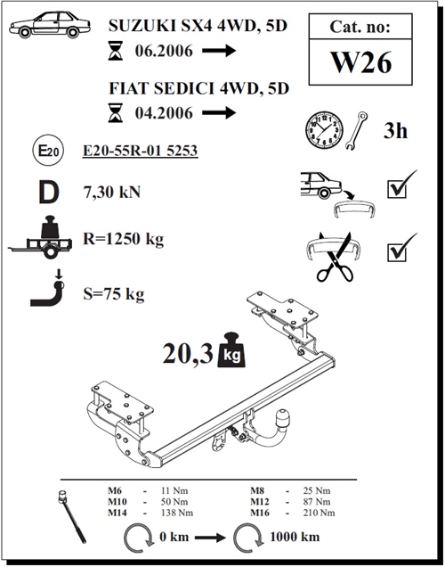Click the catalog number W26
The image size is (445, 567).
coord(360,62)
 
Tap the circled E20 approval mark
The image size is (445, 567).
coord(48,150)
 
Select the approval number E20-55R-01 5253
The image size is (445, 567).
coord(140,151)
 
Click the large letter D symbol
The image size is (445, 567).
coord(49,193)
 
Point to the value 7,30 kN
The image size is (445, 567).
coord(112,192)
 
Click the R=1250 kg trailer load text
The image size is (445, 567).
coord(124,239)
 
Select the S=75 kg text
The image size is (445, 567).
coord(114,294)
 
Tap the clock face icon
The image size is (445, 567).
coord(324,130)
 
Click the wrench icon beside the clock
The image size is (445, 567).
coord(356,130)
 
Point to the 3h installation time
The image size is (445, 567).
coord(395,130)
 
